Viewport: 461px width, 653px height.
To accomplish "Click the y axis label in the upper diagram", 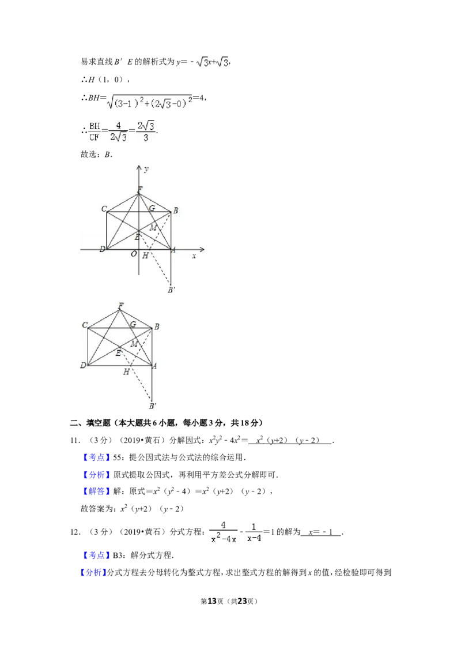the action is (x=146, y=170).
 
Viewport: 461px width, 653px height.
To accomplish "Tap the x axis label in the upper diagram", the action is (x=194, y=256).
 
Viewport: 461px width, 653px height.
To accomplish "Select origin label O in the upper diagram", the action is (x=134, y=254).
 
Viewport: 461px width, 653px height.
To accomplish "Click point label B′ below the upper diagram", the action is (x=171, y=290).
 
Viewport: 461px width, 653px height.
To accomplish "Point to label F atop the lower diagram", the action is (x=120, y=306).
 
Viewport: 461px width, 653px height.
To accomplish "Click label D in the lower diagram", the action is (x=83, y=365).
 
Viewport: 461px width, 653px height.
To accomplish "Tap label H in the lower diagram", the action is (x=126, y=371).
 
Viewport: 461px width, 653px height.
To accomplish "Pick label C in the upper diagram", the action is (x=104, y=209).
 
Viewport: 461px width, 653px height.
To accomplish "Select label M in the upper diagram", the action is (x=153, y=228).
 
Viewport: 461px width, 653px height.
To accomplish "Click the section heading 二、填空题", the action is (x=90, y=423).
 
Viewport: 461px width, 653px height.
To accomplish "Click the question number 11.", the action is (x=75, y=441).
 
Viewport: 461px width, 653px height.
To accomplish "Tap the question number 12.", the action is (x=75, y=532).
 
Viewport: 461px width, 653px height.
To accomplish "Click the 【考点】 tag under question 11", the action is (x=97, y=457).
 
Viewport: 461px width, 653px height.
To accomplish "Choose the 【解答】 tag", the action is (x=97, y=491).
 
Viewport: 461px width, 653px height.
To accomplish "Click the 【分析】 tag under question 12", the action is (x=92, y=573).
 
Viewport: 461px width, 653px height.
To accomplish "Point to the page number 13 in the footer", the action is (x=212, y=601).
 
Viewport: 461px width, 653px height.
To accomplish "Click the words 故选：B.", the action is (x=97, y=155).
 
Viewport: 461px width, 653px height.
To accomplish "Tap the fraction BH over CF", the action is (x=95, y=131).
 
